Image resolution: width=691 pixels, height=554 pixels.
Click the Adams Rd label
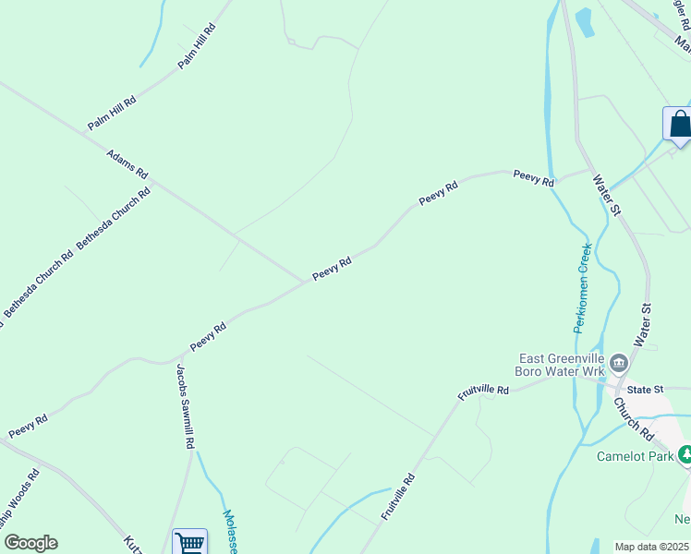127,164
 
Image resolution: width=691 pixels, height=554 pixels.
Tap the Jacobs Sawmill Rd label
185,405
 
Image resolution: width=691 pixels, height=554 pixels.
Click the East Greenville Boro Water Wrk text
562,365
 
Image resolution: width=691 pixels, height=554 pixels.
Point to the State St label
646,390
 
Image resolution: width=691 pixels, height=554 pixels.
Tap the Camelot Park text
635,455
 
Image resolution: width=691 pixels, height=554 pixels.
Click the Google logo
30,543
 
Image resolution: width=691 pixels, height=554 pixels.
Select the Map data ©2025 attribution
652,547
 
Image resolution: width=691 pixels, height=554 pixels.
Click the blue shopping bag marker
678,125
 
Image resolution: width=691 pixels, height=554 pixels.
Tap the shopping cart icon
189,543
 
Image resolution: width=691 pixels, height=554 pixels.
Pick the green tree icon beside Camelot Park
685,454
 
